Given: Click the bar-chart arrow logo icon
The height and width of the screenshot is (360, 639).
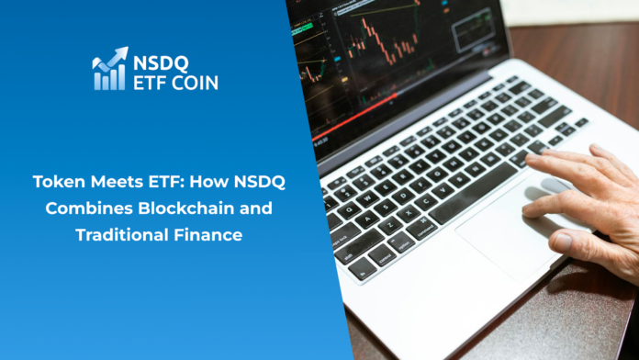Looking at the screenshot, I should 108,69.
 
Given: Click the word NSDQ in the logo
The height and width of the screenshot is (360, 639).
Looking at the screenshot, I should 163,62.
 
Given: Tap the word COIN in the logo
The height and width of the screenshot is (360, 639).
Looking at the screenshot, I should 196,81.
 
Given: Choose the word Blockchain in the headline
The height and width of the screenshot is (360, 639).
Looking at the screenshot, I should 190,208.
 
